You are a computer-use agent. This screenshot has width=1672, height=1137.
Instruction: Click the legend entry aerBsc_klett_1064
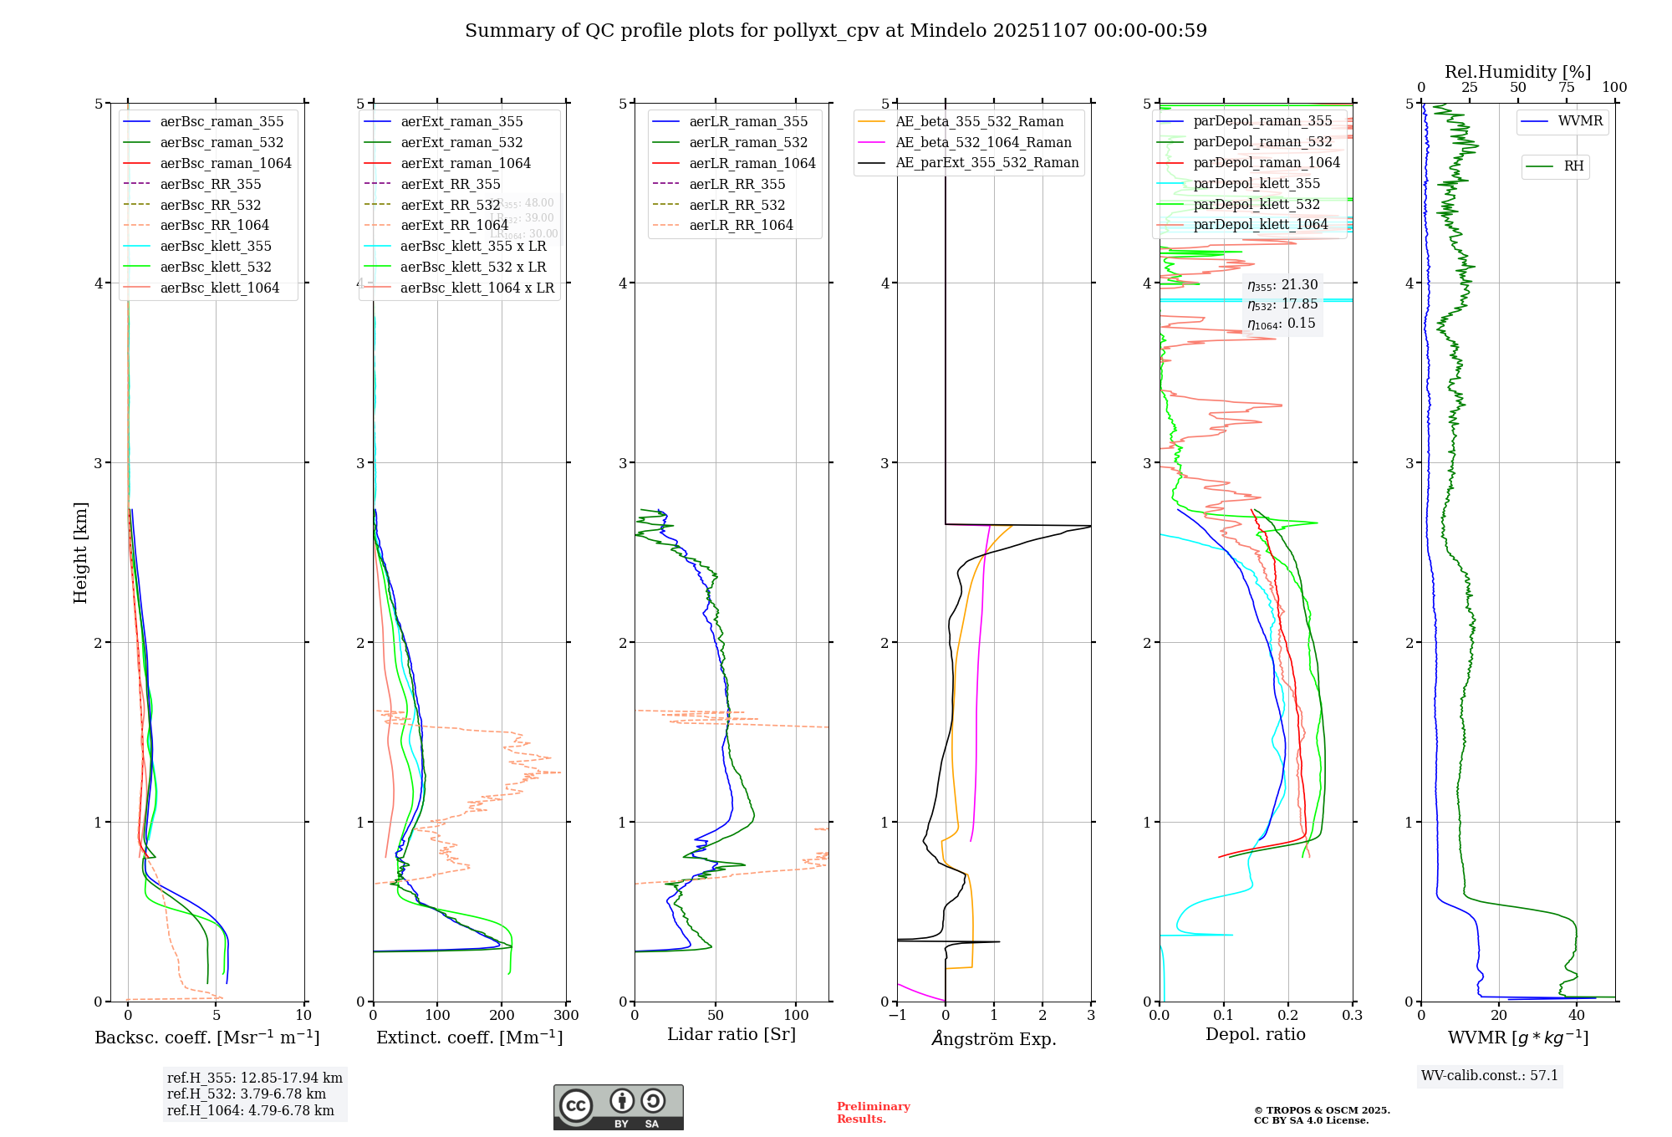(219, 288)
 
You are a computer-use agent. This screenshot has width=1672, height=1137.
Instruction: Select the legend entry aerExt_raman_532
(461, 142)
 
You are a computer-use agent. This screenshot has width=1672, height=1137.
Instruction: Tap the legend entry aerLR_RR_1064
(741, 225)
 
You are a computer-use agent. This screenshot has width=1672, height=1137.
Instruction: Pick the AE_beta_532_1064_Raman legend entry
(983, 142)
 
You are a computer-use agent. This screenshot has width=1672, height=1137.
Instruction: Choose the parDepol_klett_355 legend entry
(1257, 183)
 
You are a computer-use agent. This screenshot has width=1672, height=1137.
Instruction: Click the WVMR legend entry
(1580, 121)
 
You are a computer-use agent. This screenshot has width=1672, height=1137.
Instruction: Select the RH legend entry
(1573, 166)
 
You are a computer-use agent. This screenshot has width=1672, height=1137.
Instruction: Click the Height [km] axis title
(80, 552)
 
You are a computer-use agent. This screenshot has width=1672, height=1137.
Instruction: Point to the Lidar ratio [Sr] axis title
(731, 1034)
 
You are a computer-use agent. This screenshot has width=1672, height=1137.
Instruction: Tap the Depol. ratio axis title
(1255, 1034)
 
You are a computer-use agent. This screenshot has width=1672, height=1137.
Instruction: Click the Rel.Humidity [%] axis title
(1517, 72)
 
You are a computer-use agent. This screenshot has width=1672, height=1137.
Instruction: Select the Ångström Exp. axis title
(994, 1038)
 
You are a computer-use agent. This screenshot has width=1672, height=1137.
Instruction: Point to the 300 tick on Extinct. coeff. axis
(566, 1016)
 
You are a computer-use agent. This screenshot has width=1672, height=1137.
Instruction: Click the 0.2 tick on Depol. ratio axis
(1288, 1016)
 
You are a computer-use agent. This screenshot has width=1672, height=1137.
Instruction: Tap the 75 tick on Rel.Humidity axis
(1566, 88)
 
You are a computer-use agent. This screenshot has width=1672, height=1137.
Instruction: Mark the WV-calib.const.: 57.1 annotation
(1490, 1075)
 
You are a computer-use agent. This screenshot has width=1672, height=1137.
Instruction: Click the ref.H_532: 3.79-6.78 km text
(247, 1094)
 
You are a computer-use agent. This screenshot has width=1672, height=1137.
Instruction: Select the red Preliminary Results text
(873, 1112)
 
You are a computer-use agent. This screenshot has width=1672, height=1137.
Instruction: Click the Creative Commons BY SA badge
(618, 1107)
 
